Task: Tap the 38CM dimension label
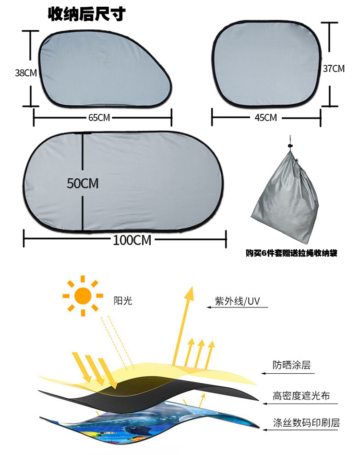pyautogui.click(x=25, y=73)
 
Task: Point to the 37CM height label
pyautogui.click(x=334, y=69)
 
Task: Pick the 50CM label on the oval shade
pyautogui.click(x=83, y=184)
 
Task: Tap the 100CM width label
pyautogui.click(x=132, y=240)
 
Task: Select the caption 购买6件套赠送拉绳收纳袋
pyautogui.click(x=291, y=253)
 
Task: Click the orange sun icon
pyautogui.click(x=83, y=295)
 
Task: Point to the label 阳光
pyautogui.click(x=122, y=301)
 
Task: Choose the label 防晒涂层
pyautogui.click(x=291, y=365)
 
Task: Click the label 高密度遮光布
pyautogui.click(x=301, y=396)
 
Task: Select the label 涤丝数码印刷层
pyautogui.click(x=306, y=423)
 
